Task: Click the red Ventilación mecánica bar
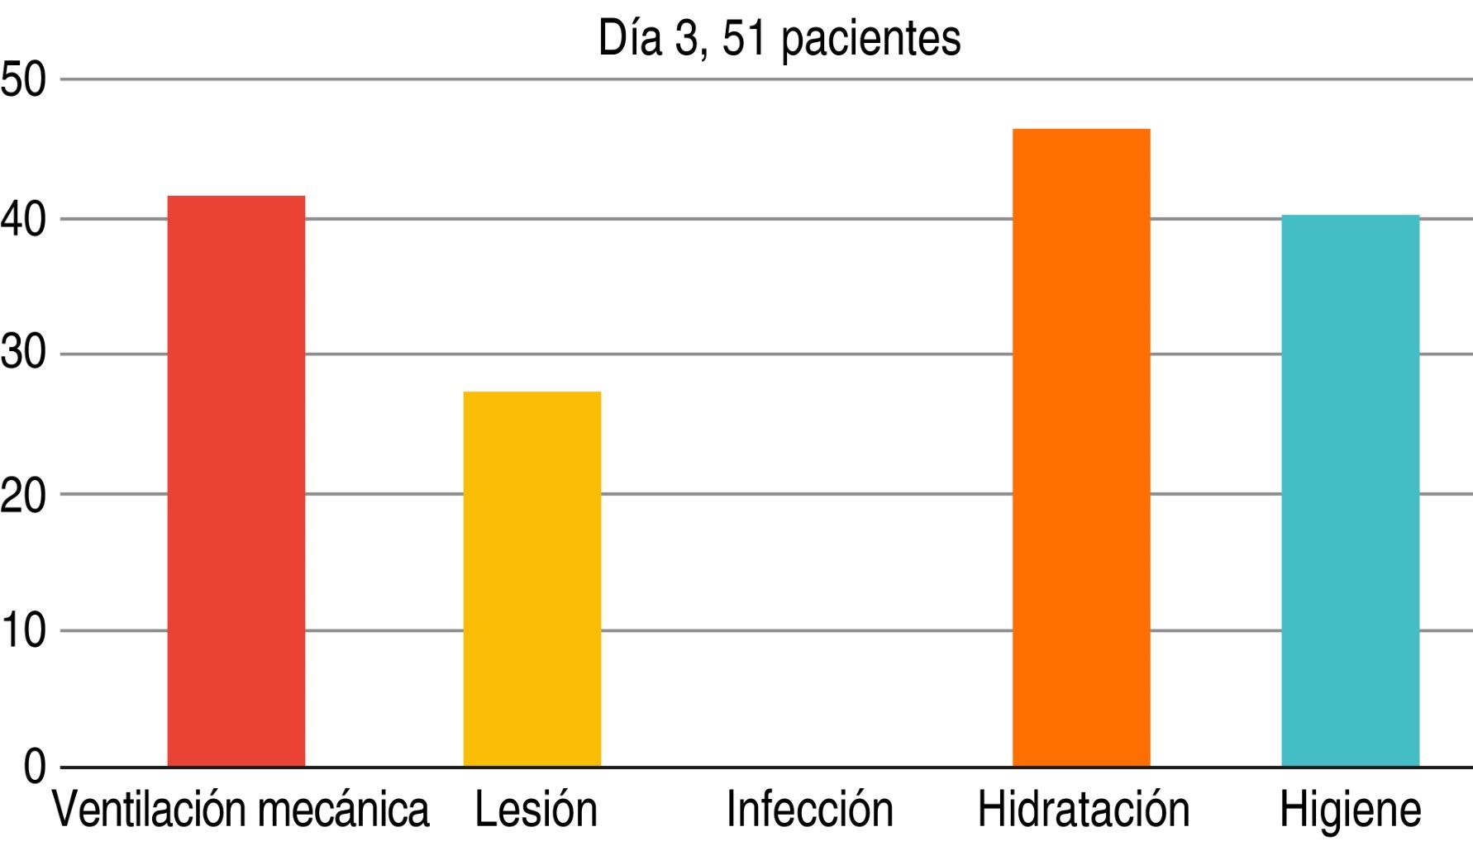[236, 481]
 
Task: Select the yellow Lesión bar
[532, 578]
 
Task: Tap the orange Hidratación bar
[1081, 447]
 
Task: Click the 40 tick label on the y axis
[23, 221]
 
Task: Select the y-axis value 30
[23, 355]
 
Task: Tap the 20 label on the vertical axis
[23, 495]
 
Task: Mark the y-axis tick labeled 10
[23, 631]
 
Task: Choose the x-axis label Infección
[809, 810]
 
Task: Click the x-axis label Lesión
[536, 810]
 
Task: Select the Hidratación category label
[1083, 810]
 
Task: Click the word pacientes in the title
[870, 40]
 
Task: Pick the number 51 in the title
[744, 39]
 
